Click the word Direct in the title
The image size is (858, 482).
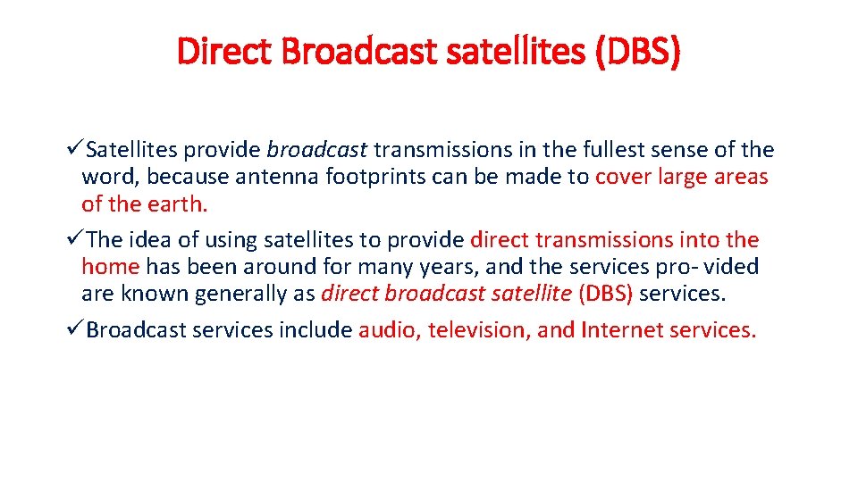point(226,52)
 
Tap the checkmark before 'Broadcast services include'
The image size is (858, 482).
point(77,330)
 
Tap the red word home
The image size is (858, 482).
point(110,267)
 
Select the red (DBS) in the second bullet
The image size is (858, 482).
point(606,294)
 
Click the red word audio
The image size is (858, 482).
point(389,330)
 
